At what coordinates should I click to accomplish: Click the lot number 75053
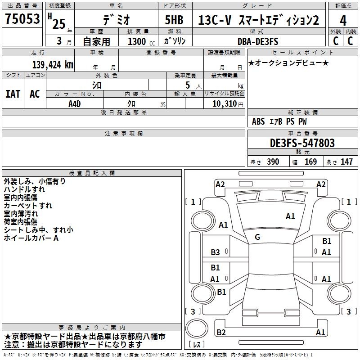click(x=22, y=18)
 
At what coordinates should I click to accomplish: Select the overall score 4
click(x=343, y=21)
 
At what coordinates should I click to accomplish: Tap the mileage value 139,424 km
click(x=53, y=65)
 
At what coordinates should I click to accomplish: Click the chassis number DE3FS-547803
click(x=302, y=143)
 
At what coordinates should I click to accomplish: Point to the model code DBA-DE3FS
click(x=258, y=41)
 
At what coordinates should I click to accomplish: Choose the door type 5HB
click(x=174, y=20)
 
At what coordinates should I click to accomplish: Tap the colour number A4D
click(x=75, y=104)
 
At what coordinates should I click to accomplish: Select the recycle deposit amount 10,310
click(x=225, y=104)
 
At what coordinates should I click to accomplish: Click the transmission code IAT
click(x=13, y=94)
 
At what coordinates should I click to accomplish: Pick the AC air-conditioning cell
click(x=35, y=94)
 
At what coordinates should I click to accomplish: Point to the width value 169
click(x=310, y=162)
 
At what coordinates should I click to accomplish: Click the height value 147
click(x=346, y=162)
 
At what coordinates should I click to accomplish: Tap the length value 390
click(x=273, y=162)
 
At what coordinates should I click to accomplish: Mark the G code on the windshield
click(x=257, y=237)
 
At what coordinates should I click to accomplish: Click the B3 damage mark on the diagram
click(x=215, y=252)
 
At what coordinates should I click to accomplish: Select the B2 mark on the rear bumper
click(x=221, y=332)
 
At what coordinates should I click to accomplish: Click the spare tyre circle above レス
click(x=197, y=328)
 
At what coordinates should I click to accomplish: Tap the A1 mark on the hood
click(x=290, y=216)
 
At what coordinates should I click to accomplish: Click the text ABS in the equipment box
click(x=258, y=121)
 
